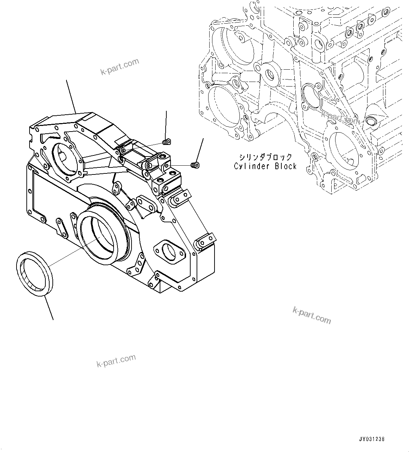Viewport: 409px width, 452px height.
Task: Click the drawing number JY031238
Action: click(372, 439)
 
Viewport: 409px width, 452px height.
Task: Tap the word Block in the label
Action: click(285, 166)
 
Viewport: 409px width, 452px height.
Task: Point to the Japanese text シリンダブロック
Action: click(265, 157)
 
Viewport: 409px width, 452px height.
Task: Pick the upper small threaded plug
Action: click(167, 142)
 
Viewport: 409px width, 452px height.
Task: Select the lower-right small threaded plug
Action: click(194, 165)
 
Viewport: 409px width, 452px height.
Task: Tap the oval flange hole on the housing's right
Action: click(170, 251)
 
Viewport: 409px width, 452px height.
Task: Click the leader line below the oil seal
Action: click(48, 308)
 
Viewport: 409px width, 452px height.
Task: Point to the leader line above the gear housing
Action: click(71, 96)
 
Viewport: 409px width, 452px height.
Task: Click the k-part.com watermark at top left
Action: click(120, 67)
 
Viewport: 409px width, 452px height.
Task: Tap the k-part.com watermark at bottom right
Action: click(312, 315)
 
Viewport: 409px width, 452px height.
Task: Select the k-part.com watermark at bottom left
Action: click(116, 361)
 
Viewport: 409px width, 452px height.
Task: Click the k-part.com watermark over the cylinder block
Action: click(340, 118)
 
